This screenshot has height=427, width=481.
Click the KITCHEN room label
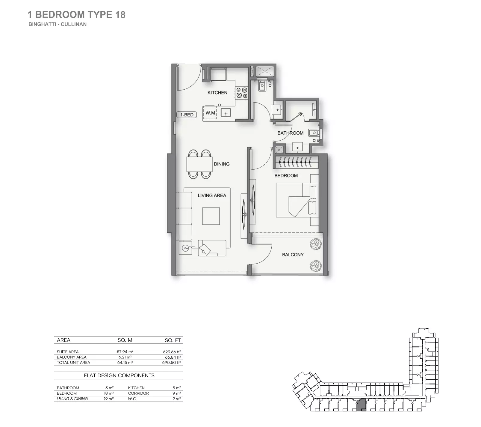tap(217, 93)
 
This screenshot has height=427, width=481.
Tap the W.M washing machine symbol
tap(210, 113)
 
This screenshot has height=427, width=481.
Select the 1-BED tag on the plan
tap(187, 115)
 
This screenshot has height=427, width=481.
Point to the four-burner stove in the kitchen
tap(242, 93)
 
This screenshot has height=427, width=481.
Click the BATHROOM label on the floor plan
tap(290, 133)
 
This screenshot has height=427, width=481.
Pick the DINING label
tap(222, 164)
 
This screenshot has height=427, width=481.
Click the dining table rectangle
tap(199, 164)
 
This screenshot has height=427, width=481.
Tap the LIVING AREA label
tap(212, 196)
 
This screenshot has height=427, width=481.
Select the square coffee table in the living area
tap(211, 216)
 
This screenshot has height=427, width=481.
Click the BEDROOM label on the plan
tap(286, 176)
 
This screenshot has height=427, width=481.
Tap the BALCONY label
tap(293, 255)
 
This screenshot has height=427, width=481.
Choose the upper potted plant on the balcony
tap(315, 244)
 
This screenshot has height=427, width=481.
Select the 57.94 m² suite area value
tap(125, 352)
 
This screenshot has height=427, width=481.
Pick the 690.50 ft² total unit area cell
tap(171, 363)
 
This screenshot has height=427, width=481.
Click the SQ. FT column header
tap(173, 340)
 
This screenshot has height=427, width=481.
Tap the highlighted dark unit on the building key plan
tap(362, 405)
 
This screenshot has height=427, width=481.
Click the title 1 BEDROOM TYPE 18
tap(76, 15)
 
